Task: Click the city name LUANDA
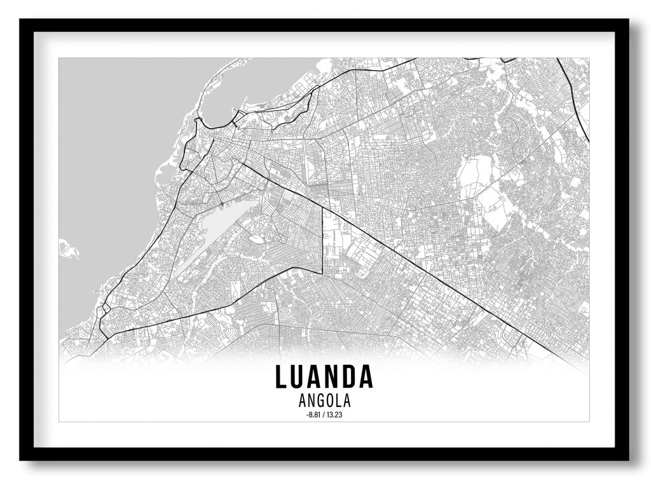click(x=324, y=376)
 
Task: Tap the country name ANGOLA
click(x=324, y=401)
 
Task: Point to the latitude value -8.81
click(x=313, y=415)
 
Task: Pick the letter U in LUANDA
click(x=298, y=376)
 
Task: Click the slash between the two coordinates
click(x=324, y=415)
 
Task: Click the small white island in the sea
click(x=67, y=249)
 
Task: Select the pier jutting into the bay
click(x=239, y=117)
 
